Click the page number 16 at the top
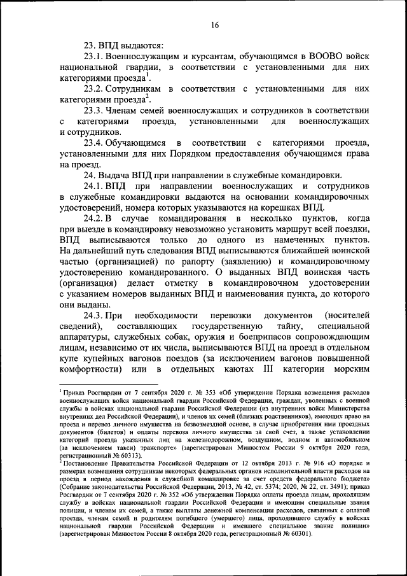216,25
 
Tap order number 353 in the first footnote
191,391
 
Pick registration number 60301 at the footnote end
298,533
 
